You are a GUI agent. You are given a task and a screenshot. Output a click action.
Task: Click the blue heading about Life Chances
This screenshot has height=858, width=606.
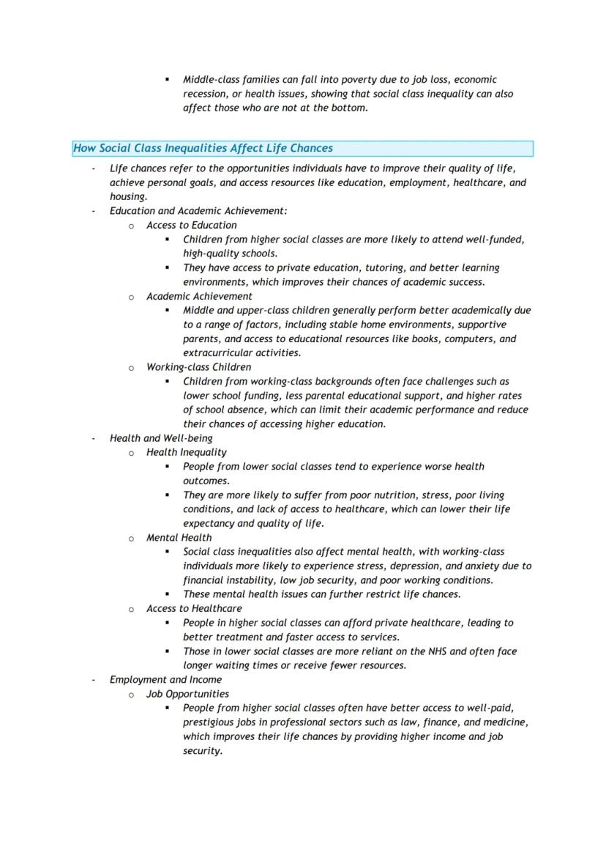coord(203,149)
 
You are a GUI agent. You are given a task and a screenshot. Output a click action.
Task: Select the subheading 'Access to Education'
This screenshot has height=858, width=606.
coord(191,225)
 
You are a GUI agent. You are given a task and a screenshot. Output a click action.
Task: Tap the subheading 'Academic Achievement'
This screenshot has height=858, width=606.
coord(199,296)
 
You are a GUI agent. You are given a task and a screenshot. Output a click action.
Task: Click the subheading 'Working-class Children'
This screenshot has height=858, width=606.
coord(198,367)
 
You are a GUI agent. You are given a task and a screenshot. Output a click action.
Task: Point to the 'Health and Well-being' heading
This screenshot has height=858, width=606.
coord(161,438)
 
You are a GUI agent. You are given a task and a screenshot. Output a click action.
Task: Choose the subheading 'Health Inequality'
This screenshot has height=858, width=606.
coord(186,452)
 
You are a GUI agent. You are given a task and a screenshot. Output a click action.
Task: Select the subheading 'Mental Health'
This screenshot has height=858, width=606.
coord(179,537)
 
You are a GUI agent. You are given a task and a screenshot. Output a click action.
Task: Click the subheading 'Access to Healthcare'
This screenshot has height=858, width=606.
coord(193,608)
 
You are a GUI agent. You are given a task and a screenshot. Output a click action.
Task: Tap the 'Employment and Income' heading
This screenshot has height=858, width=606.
coord(165,679)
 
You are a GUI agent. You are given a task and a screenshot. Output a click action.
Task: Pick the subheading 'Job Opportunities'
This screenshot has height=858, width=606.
coord(187,694)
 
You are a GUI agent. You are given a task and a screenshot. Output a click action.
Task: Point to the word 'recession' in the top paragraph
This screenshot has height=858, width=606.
coord(206,94)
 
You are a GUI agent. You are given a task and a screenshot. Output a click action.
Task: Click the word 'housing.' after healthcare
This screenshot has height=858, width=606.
coord(128,196)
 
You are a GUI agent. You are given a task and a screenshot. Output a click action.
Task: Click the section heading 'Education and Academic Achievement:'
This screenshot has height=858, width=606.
coord(198,211)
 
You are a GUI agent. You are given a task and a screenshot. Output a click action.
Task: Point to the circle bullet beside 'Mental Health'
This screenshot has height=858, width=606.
coord(131,539)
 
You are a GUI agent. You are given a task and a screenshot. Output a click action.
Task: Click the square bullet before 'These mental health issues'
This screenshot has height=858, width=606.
coord(167,594)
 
